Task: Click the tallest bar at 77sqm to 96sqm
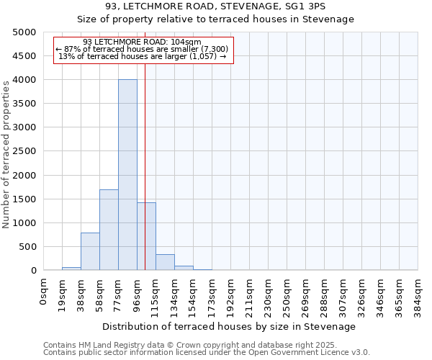tap(127, 175)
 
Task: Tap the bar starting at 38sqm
tap(90, 251)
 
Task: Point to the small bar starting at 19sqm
tap(71, 269)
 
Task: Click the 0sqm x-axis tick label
tap(44, 292)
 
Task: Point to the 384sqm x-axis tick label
tap(418, 294)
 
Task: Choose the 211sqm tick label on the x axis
tap(249, 294)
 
